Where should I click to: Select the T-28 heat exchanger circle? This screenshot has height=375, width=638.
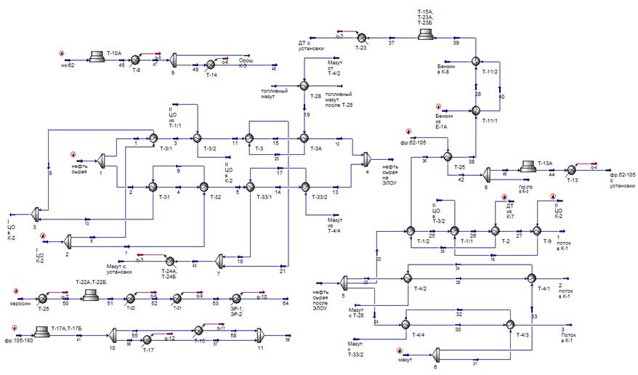click(304, 86)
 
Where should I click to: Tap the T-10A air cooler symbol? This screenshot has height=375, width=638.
click(95, 54)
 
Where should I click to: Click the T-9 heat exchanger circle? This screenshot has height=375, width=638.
click(536, 230)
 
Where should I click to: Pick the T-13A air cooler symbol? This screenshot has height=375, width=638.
click(528, 168)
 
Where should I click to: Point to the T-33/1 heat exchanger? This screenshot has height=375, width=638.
click(249, 187)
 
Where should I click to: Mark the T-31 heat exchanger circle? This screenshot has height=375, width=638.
click(153, 187)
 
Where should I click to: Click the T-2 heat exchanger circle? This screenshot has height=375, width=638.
click(496, 230)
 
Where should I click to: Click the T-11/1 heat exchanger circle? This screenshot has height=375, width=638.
click(475, 110)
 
